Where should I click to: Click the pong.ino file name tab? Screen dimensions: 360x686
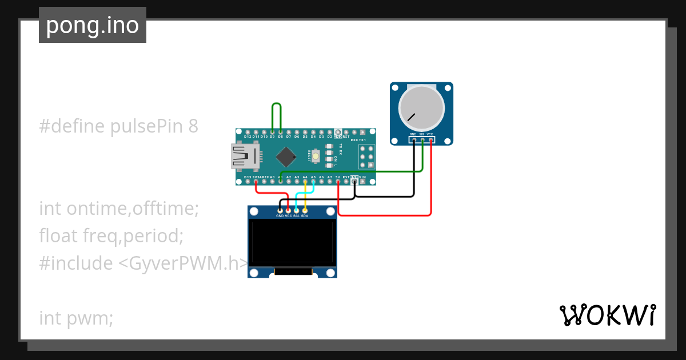[93, 25]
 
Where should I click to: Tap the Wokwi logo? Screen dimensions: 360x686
[607, 315]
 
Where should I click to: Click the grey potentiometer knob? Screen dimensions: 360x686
[421, 109]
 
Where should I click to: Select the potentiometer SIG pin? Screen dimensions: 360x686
[422, 139]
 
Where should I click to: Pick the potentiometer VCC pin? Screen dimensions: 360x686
[430, 139]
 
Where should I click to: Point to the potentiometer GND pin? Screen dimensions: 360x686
[413, 139]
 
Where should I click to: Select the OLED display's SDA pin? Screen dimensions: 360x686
[305, 211]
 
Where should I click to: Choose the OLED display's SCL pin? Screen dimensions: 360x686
[296, 211]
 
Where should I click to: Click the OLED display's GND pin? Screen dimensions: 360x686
[280, 211]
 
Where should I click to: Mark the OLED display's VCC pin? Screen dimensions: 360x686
[288, 211]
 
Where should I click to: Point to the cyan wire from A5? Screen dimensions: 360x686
[297, 197]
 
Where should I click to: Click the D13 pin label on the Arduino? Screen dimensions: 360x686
[248, 178]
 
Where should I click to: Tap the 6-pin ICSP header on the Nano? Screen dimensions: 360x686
[366, 156]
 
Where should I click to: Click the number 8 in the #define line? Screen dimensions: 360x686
[193, 126]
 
